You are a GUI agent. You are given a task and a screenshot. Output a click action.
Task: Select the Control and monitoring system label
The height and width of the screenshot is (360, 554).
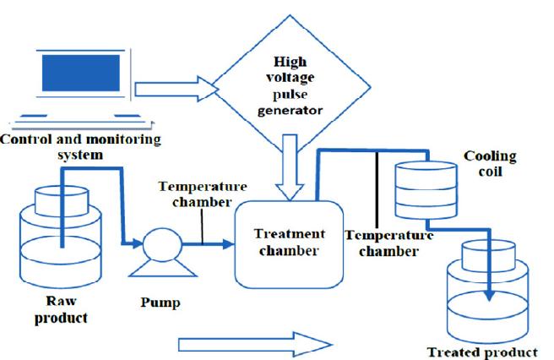pyautogui.click(x=81, y=146)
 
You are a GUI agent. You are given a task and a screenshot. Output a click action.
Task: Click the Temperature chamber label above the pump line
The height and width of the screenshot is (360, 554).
pyautogui.click(x=203, y=193)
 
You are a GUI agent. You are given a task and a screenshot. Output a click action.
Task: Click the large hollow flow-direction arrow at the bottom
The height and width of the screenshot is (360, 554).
pyautogui.click(x=253, y=342)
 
